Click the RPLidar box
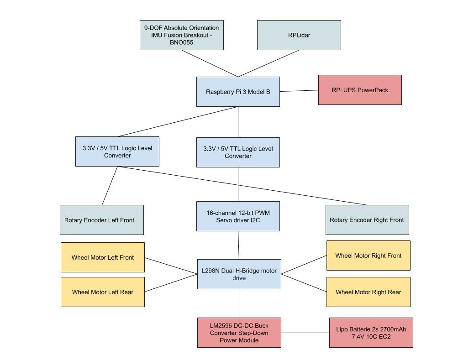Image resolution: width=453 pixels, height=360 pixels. (299, 35)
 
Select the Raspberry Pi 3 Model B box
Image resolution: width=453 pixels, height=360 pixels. (238, 92)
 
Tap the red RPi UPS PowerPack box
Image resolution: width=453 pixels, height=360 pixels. (360, 90)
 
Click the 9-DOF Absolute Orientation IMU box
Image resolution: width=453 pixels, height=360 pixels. (181, 35)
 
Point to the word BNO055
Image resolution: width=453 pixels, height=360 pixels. (181, 43)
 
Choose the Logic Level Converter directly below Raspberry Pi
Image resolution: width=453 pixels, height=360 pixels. (238, 152)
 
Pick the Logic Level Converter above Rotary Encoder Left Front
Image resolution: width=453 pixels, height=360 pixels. (117, 151)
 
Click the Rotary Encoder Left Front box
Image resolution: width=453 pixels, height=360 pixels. (101, 220)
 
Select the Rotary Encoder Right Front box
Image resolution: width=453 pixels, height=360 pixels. (367, 220)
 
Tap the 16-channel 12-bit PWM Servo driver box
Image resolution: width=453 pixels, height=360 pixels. (238, 216)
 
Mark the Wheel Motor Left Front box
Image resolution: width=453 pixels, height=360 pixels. (103, 257)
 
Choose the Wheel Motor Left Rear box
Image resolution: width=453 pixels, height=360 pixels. (103, 292)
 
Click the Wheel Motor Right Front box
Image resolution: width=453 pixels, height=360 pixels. (368, 256)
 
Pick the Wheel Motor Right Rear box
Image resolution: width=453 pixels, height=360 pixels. (368, 292)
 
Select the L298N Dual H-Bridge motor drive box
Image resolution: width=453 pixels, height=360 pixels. (239, 274)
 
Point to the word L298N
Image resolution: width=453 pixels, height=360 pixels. (211, 271)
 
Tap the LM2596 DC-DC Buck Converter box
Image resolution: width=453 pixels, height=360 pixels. (239, 333)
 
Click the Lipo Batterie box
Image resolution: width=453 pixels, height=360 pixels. (371, 333)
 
